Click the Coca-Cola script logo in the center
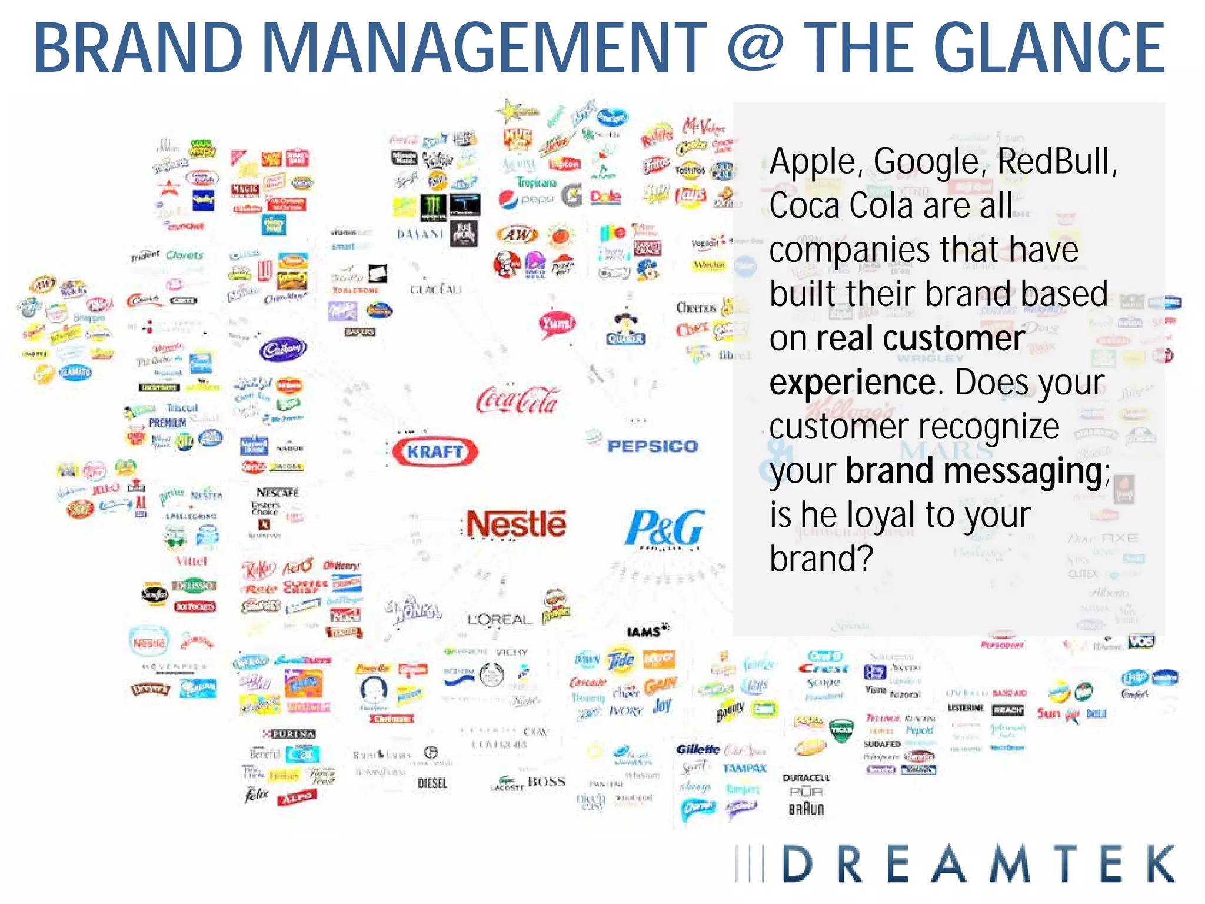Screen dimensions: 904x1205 point(517,400)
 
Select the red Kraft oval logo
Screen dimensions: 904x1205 point(435,451)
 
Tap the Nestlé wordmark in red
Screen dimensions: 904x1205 point(516,524)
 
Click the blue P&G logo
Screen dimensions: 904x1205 point(665,527)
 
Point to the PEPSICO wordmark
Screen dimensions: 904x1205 point(653,446)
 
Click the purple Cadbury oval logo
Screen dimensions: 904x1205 point(282,350)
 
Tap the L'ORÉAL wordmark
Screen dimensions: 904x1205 point(499,620)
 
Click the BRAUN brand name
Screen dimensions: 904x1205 point(806,809)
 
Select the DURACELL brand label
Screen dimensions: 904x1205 point(806,777)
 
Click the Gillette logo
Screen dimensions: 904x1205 point(698,749)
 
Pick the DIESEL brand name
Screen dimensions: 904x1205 point(432,783)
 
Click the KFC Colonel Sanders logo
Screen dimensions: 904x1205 point(507,263)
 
